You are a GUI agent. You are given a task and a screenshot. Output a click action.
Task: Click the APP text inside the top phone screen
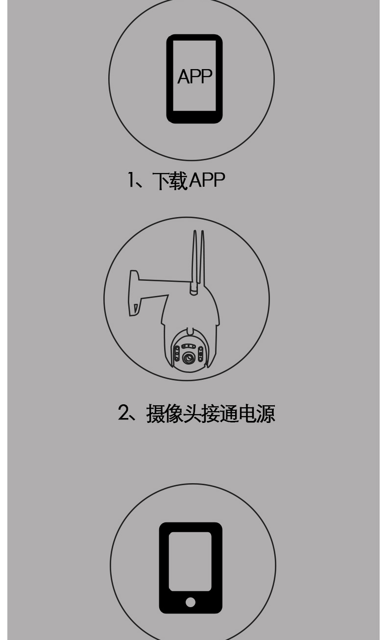pyautogui.click(x=194, y=77)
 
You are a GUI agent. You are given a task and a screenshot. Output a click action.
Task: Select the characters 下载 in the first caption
pyautogui.click(x=170, y=181)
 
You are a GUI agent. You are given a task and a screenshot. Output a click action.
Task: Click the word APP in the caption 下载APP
pyautogui.click(x=207, y=180)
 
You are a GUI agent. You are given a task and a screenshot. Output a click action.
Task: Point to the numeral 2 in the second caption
pyautogui.click(x=123, y=413)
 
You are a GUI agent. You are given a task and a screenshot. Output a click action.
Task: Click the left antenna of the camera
pyautogui.click(x=195, y=260)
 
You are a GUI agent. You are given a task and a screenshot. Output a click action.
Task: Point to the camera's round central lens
pyautogui.click(x=189, y=358)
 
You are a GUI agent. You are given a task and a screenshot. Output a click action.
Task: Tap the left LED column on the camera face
pyautogui.click(x=177, y=353)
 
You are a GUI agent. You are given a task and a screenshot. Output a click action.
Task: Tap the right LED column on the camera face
pyautogui.click(x=200, y=353)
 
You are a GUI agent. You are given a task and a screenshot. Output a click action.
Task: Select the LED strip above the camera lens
pyautogui.click(x=189, y=346)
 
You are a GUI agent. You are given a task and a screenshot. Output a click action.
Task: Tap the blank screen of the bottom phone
pyautogui.click(x=190, y=561)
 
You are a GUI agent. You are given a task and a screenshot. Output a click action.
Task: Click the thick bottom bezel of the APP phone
pyautogui.click(x=194, y=117)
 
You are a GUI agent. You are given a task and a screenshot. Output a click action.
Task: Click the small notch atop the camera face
pyautogui.click(x=191, y=332)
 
